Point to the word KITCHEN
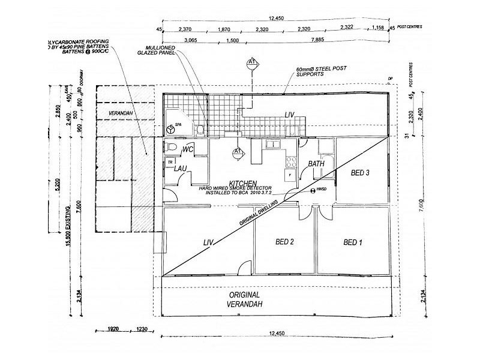(242, 182)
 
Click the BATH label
(316, 163)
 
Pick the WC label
(187, 148)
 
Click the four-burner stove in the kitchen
(291, 162)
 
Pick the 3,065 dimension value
(191, 41)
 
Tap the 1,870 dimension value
(224, 29)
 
